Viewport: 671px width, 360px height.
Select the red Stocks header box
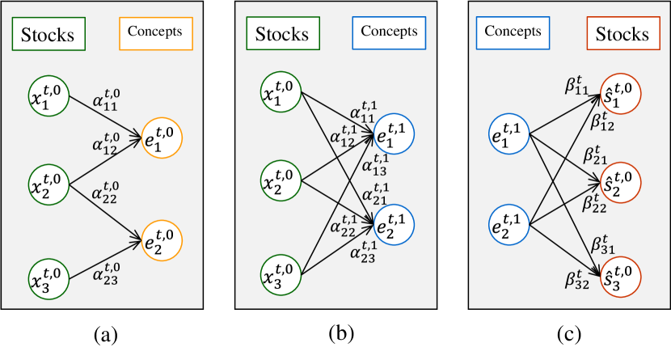click(622, 34)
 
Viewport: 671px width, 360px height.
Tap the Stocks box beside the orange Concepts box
click(48, 35)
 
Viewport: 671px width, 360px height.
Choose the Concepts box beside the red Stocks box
click(513, 33)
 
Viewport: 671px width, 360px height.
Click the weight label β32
click(579, 280)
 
